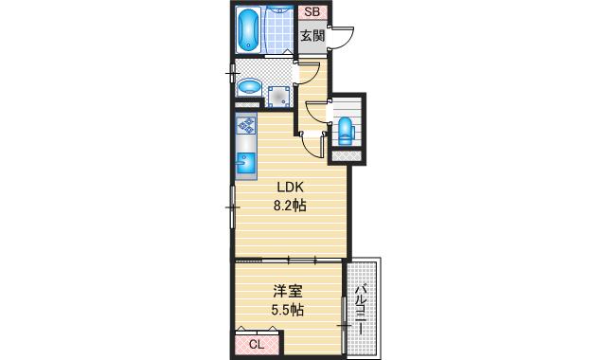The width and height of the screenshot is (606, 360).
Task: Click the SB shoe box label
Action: point(310,13)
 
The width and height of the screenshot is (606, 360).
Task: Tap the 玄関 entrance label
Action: point(312,36)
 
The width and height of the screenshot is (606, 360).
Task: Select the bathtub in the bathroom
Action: point(249,30)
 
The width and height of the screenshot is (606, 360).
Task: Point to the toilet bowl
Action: point(346,130)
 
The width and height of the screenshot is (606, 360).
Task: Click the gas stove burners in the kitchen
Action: point(245,126)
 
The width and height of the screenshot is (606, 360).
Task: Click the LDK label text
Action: point(290,187)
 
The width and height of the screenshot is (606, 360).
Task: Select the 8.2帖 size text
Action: point(290,205)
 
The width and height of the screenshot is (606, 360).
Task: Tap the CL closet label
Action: point(257,344)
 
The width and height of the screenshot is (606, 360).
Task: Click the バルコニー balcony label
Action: point(363,308)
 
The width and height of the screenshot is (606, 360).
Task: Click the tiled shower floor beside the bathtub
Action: point(280,30)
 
